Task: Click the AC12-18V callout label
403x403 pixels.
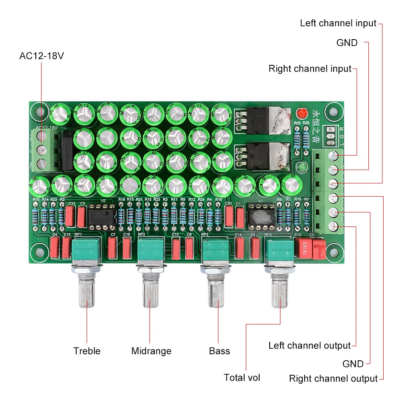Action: [42, 56]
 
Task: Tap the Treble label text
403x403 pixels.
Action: [87, 351]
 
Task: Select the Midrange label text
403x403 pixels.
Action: [151, 351]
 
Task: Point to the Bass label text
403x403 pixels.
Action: [219, 351]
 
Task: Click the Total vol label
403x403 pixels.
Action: [242, 378]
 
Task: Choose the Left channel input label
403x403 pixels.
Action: [338, 23]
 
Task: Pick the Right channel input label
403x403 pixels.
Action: [310, 69]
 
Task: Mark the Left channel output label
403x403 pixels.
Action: [310, 346]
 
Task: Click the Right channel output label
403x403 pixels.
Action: [333, 379]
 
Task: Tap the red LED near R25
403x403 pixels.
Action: [300, 113]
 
